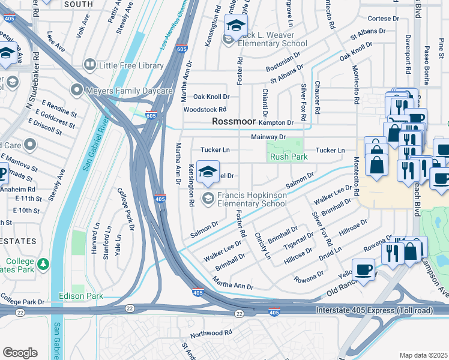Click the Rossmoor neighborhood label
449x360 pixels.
tap(234, 122)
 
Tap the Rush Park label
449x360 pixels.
tap(289, 157)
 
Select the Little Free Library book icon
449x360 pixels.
tap(90, 65)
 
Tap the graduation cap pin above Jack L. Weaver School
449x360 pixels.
tap(236, 26)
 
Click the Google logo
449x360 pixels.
tap(20, 353)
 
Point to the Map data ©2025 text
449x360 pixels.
tap(423, 355)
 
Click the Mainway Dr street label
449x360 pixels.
tap(268, 137)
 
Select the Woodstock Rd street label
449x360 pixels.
tap(205, 110)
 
